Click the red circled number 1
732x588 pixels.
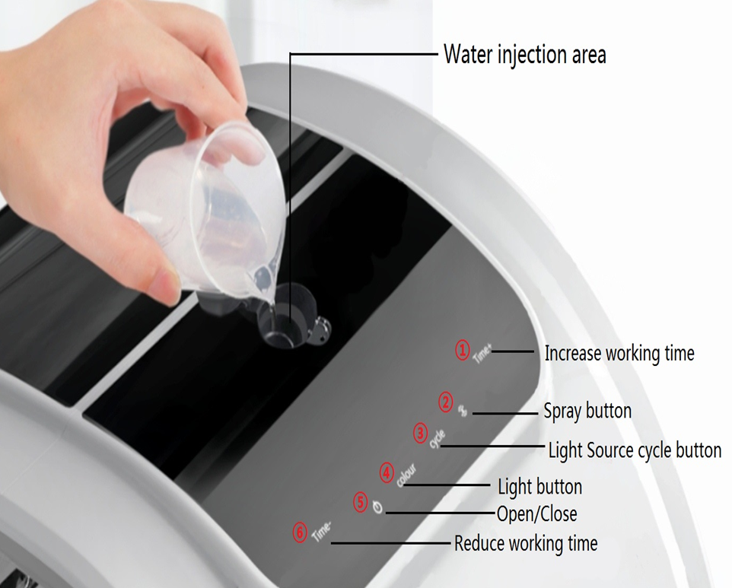462,350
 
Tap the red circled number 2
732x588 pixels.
446,402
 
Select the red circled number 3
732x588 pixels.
421,433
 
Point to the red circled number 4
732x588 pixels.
387,473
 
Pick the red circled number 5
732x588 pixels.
361,502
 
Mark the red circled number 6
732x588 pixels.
300,533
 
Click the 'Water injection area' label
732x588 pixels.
525,55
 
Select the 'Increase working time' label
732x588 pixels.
619,353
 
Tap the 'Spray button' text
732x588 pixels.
587,411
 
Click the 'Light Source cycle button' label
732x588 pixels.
635,450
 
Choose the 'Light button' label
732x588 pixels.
539,487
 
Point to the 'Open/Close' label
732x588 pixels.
537,513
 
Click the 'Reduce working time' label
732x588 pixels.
526,544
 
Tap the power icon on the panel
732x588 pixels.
378,507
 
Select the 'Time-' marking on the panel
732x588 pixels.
322,532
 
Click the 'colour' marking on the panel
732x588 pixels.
406,475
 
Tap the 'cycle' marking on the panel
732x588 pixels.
438,440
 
